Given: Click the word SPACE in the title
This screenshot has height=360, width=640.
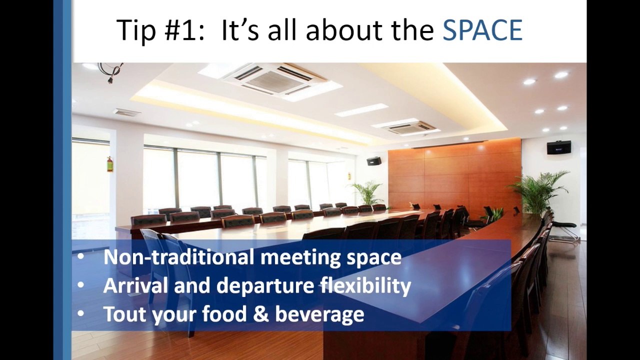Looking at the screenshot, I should click(x=482, y=30).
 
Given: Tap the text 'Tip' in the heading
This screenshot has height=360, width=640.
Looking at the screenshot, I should click(x=134, y=30).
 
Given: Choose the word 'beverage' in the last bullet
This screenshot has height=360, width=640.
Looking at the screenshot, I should click(x=319, y=314).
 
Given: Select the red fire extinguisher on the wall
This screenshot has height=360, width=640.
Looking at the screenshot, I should click(x=109, y=164).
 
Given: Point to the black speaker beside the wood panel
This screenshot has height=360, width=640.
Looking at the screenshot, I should click(x=373, y=161).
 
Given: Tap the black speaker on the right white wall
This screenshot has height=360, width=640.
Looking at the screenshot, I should click(x=558, y=147).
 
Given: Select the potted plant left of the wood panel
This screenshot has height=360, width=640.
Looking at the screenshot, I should click(x=368, y=192).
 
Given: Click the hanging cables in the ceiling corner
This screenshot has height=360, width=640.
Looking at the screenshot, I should click(x=111, y=71).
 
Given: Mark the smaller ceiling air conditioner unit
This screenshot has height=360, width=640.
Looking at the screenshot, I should click(x=412, y=127).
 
